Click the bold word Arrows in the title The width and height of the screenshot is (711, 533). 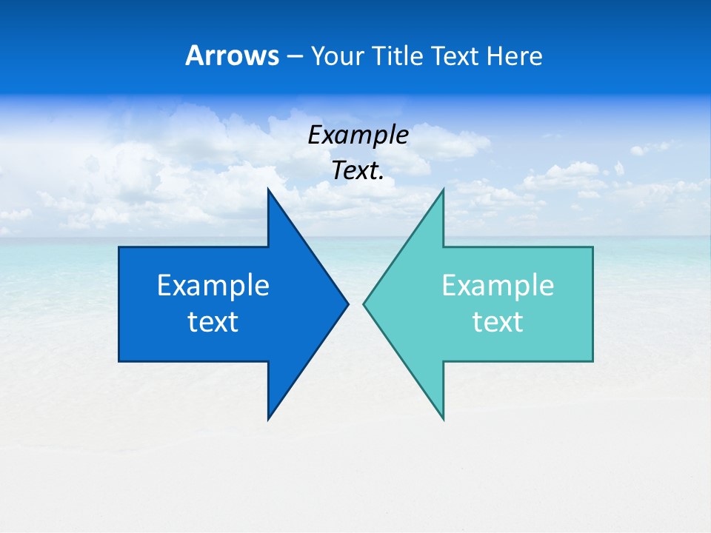[x=232, y=56]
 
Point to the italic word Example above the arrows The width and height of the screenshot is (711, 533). [x=358, y=135]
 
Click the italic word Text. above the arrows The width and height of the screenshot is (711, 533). [x=358, y=171]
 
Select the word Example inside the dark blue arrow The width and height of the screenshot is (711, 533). [x=213, y=286]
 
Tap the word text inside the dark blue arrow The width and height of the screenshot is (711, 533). [x=213, y=322]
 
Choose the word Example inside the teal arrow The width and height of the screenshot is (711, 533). [x=498, y=286]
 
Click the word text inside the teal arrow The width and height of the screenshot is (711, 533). [x=498, y=322]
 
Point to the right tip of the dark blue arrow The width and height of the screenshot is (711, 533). [x=348, y=304]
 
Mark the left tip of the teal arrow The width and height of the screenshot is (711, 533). [x=364, y=304]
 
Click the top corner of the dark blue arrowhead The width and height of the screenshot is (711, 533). [x=268, y=190]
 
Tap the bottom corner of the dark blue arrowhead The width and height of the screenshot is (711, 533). [x=268, y=419]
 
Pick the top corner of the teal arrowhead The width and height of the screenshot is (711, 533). [x=443, y=190]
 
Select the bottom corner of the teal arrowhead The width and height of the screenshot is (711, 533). [x=443, y=419]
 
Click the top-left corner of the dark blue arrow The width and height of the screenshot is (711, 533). [x=119, y=247]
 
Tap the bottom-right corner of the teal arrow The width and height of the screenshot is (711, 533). [x=592, y=361]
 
